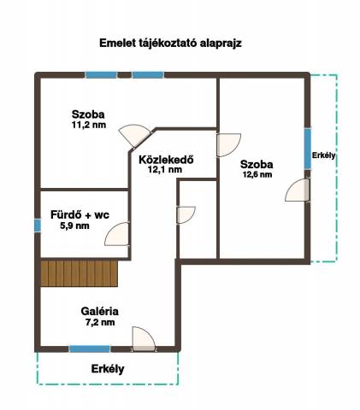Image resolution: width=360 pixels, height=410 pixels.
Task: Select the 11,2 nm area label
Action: tap(89, 125)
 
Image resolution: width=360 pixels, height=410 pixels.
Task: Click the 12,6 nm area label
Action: tap(257, 174)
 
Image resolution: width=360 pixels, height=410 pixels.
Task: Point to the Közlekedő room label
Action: tap(166, 160)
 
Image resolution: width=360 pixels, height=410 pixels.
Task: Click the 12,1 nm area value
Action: tap(165, 170)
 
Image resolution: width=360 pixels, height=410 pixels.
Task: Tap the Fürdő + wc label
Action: tap(80, 214)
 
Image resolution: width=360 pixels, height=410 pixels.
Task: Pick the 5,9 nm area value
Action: tap(74, 225)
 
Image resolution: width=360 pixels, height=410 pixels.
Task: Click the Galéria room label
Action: tap(99, 311)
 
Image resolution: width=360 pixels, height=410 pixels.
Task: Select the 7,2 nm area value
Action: tap(100, 322)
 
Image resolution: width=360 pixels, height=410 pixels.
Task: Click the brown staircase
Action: tap(79, 273)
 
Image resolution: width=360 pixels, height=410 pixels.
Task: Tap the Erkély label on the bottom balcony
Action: tap(108, 369)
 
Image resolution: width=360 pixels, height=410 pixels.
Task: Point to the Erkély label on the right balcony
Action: tap(323, 155)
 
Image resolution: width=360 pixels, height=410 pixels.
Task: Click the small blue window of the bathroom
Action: tap(38, 225)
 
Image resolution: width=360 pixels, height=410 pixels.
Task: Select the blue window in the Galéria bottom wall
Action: tap(90, 348)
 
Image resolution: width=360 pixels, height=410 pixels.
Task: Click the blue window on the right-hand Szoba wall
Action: tap(308, 149)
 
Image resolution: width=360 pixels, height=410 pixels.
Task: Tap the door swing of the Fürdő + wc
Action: tap(117, 234)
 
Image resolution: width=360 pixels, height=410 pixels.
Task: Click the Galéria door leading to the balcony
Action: tap(144, 339)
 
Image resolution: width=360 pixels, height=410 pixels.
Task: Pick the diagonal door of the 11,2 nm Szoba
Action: tap(135, 135)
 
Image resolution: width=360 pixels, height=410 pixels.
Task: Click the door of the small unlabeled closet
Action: tap(186, 215)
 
